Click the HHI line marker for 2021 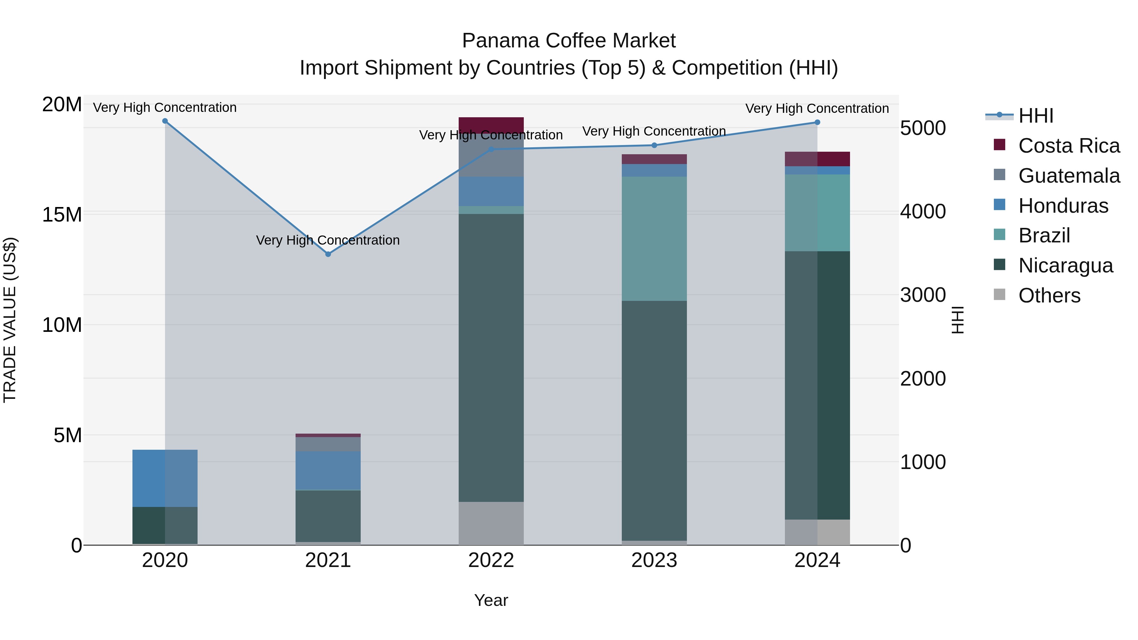[x=328, y=254]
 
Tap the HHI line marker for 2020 [x=165, y=121]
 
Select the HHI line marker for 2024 [x=817, y=122]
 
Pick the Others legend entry [x=1049, y=296]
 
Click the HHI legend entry [x=1036, y=116]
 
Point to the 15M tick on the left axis [x=62, y=215]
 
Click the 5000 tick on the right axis [x=923, y=128]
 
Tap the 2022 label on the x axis [x=491, y=560]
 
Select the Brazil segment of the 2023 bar [x=654, y=239]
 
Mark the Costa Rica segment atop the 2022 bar [x=491, y=124]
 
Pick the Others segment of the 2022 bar [x=491, y=523]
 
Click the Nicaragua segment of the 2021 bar [x=328, y=516]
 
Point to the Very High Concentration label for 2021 [x=328, y=240]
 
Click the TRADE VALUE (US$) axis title [x=10, y=320]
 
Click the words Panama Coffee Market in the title [x=569, y=41]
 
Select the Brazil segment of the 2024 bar [x=817, y=213]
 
